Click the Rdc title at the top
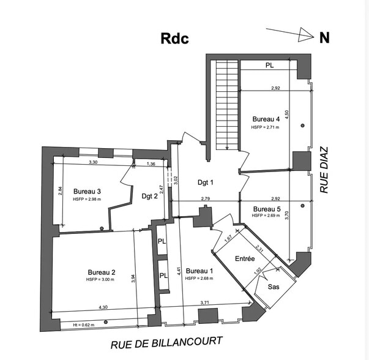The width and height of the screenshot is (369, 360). [174, 38]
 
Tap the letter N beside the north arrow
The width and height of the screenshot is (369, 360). [324, 37]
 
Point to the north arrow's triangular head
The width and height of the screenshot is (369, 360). [305, 37]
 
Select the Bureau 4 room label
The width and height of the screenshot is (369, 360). [266, 119]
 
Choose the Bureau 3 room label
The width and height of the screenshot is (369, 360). [86, 191]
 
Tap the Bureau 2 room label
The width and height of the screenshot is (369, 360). [102, 272]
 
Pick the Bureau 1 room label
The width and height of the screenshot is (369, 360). [199, 271]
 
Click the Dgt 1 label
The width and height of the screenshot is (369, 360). [205, 182]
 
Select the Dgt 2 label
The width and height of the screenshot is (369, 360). [149, 196]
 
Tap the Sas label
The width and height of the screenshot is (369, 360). [275, 287]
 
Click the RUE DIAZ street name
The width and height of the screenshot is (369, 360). [324, 170]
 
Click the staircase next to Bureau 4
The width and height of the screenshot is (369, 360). [226, 104]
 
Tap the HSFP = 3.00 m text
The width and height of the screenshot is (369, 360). [101, 280]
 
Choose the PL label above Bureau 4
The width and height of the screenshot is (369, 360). [269, 65]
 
